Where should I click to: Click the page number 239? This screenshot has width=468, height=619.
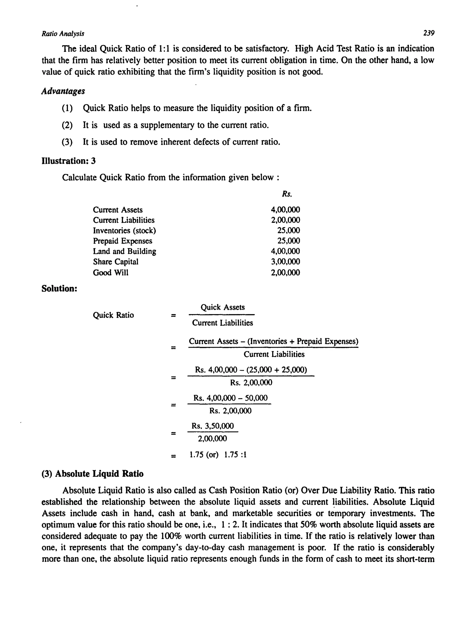[428, 33]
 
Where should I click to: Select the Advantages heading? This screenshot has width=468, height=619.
[63, 91]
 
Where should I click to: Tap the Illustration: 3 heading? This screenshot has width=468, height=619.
[69, 161]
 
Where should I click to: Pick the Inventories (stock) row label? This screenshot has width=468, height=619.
[124, 231]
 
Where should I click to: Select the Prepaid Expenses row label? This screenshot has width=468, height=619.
[122, 241]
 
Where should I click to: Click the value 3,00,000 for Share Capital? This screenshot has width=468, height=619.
[285, 262]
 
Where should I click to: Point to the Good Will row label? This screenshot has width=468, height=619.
[111, 273]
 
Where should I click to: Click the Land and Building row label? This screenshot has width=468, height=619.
[124, 251]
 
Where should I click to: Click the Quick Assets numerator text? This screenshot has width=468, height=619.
[223, 307]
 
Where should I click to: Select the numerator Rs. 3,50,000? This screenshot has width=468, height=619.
[213, 426]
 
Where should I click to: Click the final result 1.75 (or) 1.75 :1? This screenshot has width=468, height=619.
[218, 455]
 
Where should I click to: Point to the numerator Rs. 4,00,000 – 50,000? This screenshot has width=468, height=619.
[230, 398]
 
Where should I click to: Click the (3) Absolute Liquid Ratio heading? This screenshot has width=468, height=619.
[92, 474]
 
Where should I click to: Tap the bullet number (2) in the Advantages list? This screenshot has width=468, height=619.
[67, 125]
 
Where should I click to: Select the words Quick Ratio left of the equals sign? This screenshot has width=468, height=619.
[113, 315]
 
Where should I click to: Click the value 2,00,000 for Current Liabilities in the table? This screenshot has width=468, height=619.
[285, 220]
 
